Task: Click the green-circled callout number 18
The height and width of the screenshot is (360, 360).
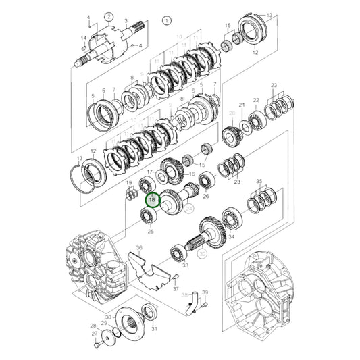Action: coord(152,200)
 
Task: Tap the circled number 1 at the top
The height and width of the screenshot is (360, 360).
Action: coord(166,22)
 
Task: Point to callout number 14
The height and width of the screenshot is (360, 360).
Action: coord(84,38)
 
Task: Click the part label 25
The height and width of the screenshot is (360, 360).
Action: coord(151,232)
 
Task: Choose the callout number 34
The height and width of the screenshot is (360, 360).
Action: coord(231,236)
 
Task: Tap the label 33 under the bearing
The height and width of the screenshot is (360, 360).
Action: coord(184,265)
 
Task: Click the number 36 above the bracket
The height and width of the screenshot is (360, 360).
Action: coord(140,248)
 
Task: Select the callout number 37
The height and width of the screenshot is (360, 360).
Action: coord(175,289)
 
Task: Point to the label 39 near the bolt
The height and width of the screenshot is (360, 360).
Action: coord(205,292)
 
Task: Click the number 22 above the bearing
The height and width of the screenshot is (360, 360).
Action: coord(256,100)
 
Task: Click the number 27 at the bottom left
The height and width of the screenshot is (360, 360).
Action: coord(95,333)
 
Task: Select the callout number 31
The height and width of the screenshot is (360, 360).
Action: coord(155,329)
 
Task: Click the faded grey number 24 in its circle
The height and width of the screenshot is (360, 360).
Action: coord(190,210)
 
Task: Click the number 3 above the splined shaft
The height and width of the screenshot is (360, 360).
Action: coord(126,22)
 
